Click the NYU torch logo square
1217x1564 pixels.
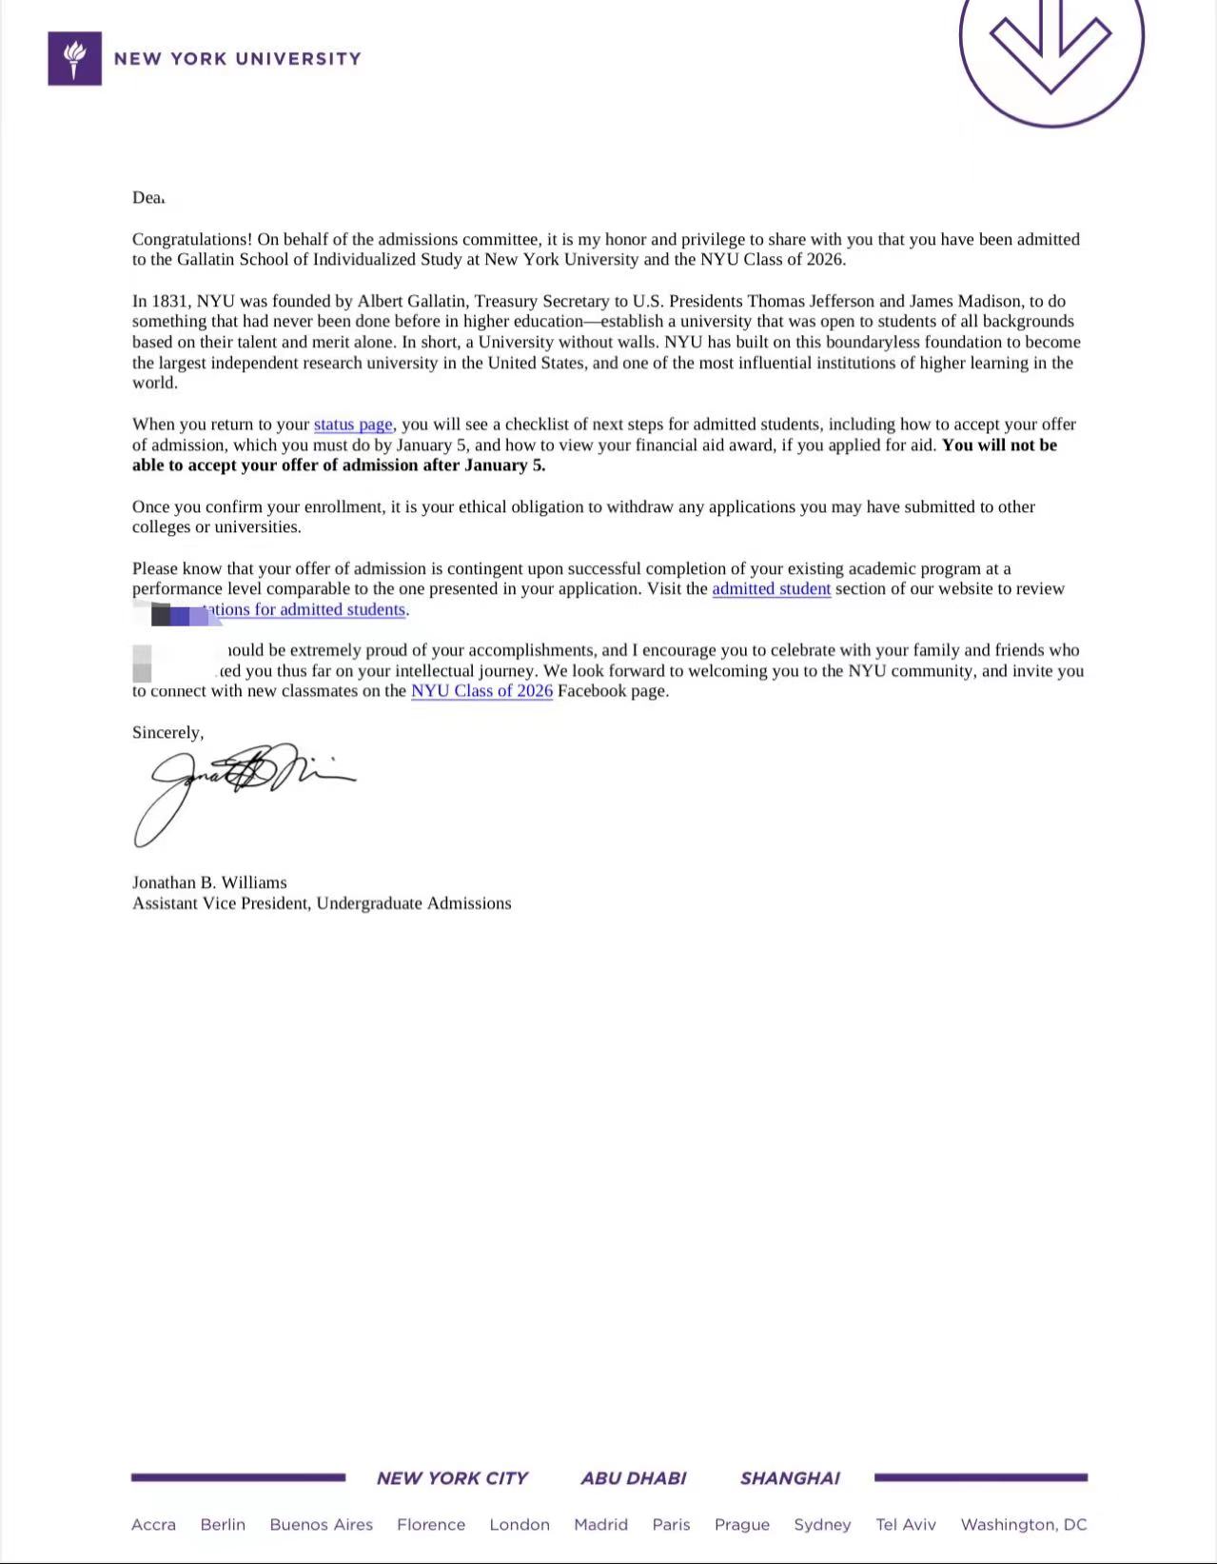[x=74, y=59]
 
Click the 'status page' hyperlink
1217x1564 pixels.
[x=353, y=425]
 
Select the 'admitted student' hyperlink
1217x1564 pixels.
[x=771, y=589]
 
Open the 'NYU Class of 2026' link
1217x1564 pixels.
[x=481, y=691]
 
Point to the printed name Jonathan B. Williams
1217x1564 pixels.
[x=209, y=882]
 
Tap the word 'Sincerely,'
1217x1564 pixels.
[x=167, y=732]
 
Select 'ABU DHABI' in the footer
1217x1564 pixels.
[x=633, y=1478]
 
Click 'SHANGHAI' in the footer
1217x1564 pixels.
[x=790, y=1478]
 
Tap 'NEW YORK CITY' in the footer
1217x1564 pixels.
[x=452, y=1478]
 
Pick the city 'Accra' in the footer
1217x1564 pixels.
[x=153, y=1525]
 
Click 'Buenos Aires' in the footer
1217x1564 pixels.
[x=321, y=1525]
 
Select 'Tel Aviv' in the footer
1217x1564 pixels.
[x=906, y=1525]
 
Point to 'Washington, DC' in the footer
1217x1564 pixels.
[x=1023, y=1525]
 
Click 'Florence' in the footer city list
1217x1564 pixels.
[x=431, y=1525]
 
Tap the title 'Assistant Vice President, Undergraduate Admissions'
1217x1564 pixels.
[x=322, y=903]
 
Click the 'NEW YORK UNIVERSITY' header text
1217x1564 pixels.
[x=237, y=59]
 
